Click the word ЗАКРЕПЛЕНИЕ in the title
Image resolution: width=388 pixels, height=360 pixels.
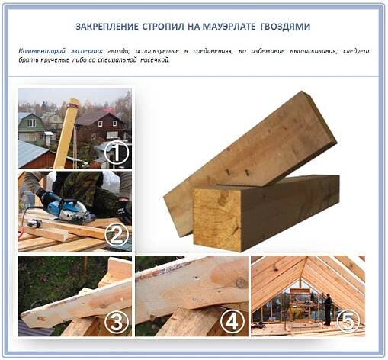(107, 27)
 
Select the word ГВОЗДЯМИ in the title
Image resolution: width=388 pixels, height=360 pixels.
(285, 27)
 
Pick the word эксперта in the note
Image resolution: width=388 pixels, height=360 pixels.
(87, 51)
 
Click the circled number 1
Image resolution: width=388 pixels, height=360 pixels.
(117, 153)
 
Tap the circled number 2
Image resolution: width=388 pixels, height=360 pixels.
(117, 235)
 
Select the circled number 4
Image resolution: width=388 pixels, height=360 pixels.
(232, 321)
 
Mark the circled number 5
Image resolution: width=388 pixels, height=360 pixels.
(348, 321)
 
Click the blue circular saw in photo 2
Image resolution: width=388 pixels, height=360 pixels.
(70, 209)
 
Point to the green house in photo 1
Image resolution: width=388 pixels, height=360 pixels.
(30, 127)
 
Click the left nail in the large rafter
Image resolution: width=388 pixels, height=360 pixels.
(229, 172)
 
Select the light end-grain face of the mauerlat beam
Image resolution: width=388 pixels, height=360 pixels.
(217, 220)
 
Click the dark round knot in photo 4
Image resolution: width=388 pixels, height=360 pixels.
(240, 283)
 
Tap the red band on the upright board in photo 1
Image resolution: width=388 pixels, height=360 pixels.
(73, 104)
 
